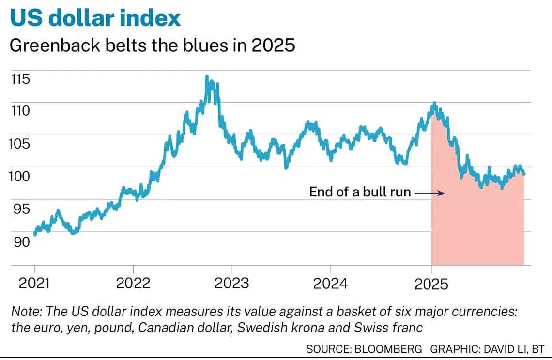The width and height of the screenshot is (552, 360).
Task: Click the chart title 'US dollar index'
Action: point(95,18)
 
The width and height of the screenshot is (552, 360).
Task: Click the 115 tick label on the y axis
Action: point(20,79)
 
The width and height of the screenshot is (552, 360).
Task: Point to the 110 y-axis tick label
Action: point(20,111)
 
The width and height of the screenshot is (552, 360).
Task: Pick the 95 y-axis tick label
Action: point(20,209)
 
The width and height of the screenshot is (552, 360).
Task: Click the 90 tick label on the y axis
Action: point(20,241)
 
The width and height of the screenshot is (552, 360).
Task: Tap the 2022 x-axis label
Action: point(133,283)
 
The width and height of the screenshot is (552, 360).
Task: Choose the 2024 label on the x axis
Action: point(330,283)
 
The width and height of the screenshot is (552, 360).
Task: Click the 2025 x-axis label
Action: point(431,283)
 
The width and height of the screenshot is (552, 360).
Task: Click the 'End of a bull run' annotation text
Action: point(360,193)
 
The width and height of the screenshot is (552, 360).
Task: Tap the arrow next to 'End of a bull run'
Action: point(429,193)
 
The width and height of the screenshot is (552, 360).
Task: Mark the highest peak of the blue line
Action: point(207,76)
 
